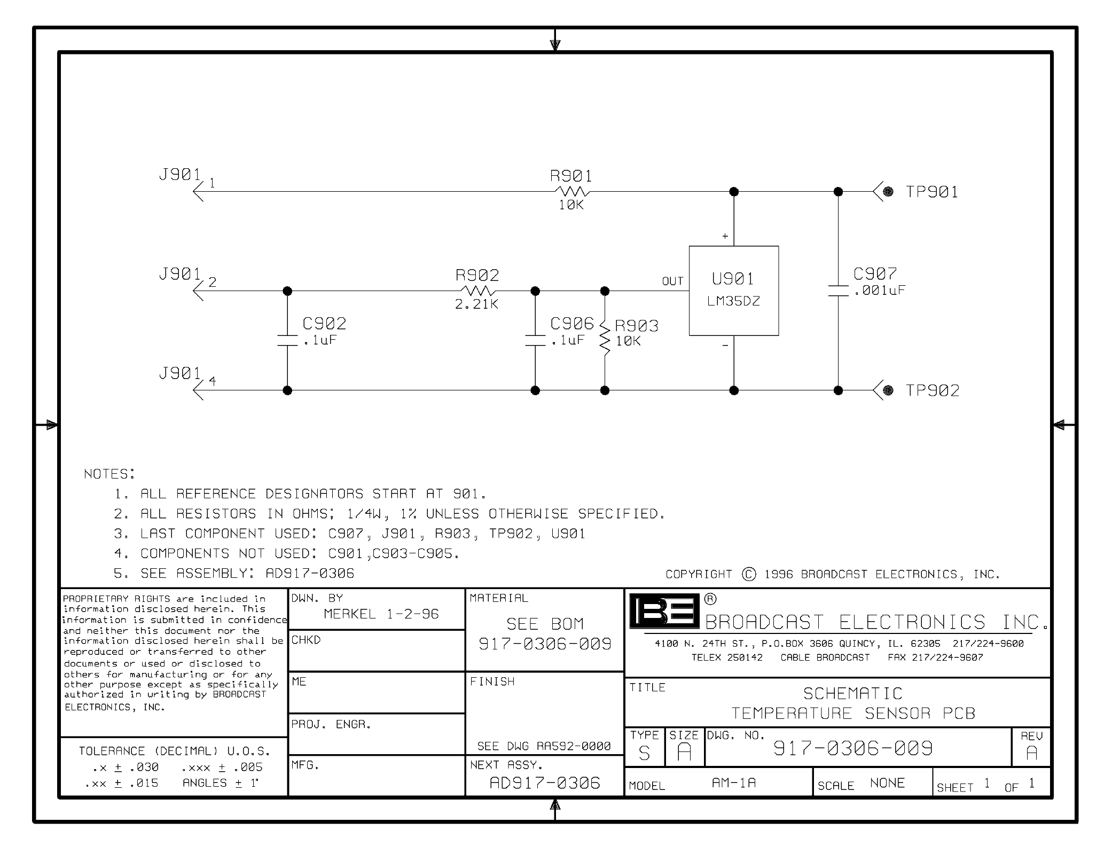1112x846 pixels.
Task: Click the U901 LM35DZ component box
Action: (x=733, y=291)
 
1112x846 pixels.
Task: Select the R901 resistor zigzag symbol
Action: (x=571, y=191)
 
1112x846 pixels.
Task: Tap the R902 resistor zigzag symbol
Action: (x=477, y=291)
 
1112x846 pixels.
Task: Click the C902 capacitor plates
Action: (x=287, y=340)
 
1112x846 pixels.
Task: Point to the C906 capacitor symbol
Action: (x=535, y=340)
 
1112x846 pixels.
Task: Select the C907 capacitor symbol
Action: (x=838, y=291)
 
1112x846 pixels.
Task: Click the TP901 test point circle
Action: (x=888, y=192)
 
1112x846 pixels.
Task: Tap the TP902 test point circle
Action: (x=888, y=390)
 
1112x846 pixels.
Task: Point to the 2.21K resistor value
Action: (x=476, y=304)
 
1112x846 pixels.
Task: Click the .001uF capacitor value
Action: (x=880, y=291)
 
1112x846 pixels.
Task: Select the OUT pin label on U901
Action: (x=672, y=281)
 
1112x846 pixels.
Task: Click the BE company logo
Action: (x=664, y=610)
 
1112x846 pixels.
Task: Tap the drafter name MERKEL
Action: (x=350, y=614)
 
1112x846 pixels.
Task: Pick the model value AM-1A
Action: (x=733, y=783)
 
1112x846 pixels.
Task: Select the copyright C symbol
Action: (x=749, y=574)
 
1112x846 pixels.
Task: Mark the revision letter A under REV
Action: (x=1031, y=753)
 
